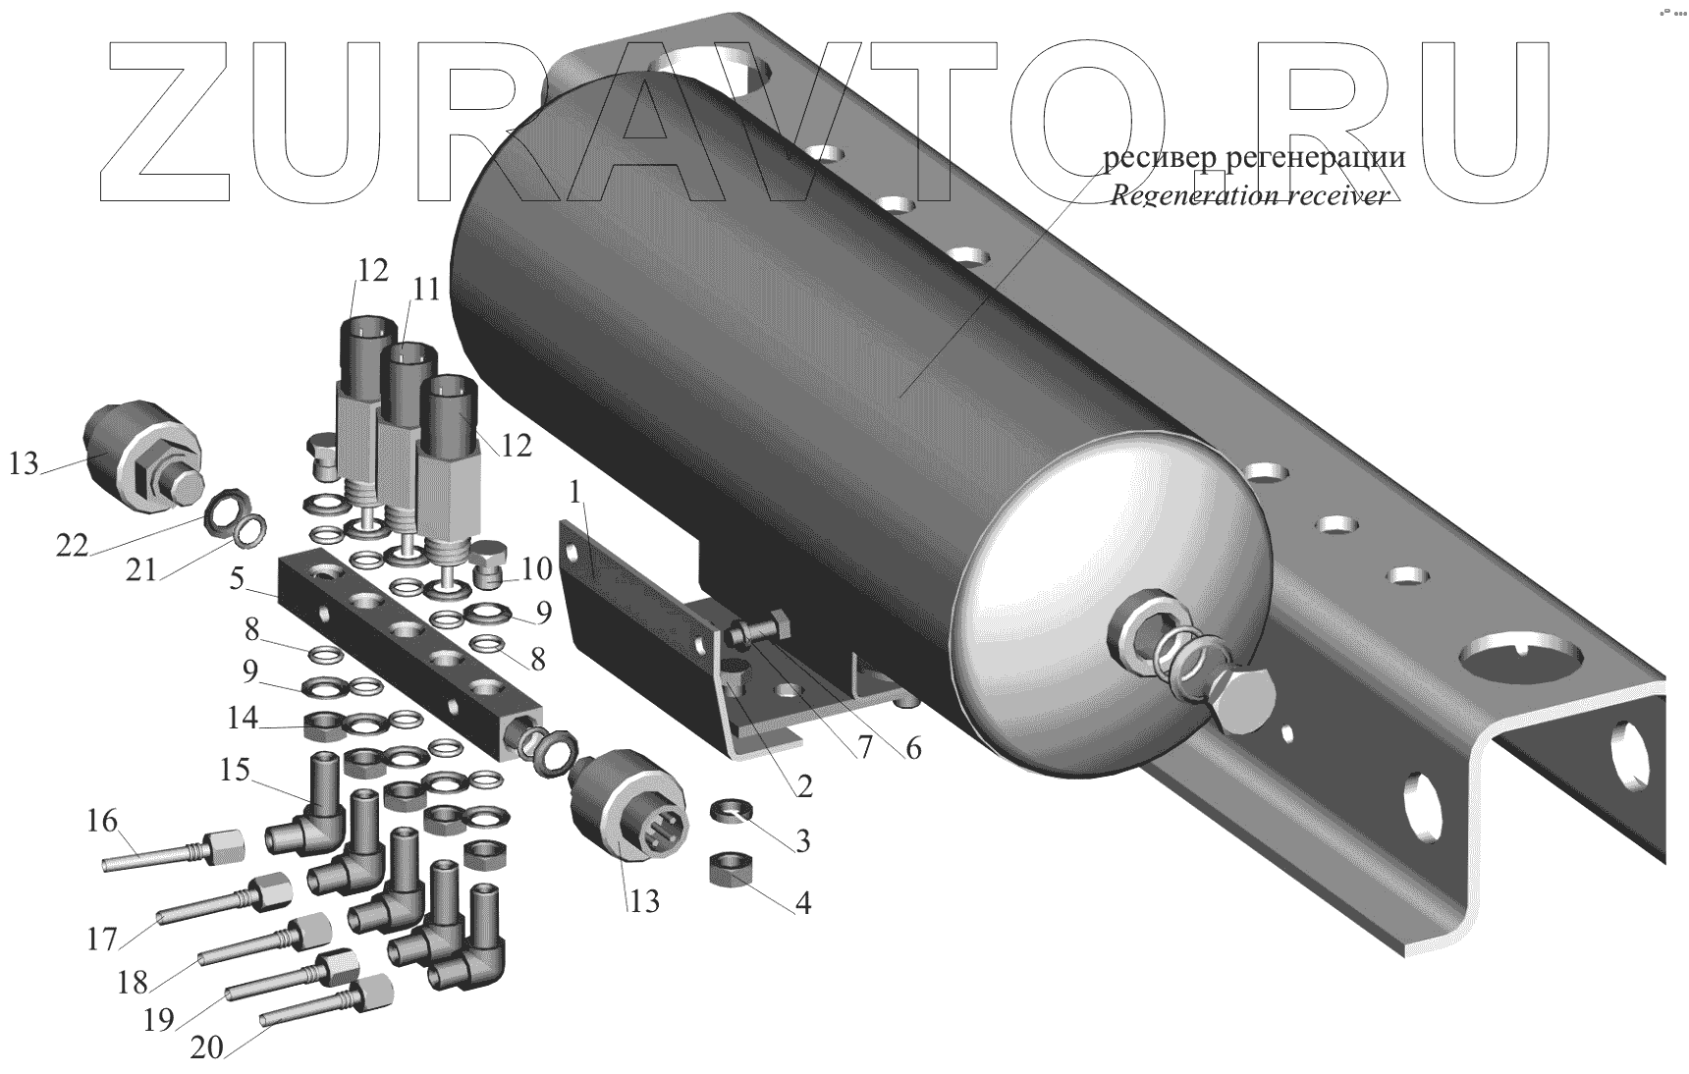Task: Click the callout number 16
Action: coord(101,820)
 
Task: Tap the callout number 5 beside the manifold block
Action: coord(236,579)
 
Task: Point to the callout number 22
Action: coord(72,546)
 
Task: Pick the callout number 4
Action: coord(802,902)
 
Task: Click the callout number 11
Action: coord(425,290)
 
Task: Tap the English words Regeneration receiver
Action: coord(1249,195)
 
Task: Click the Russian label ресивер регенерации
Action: coord(1254,157)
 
